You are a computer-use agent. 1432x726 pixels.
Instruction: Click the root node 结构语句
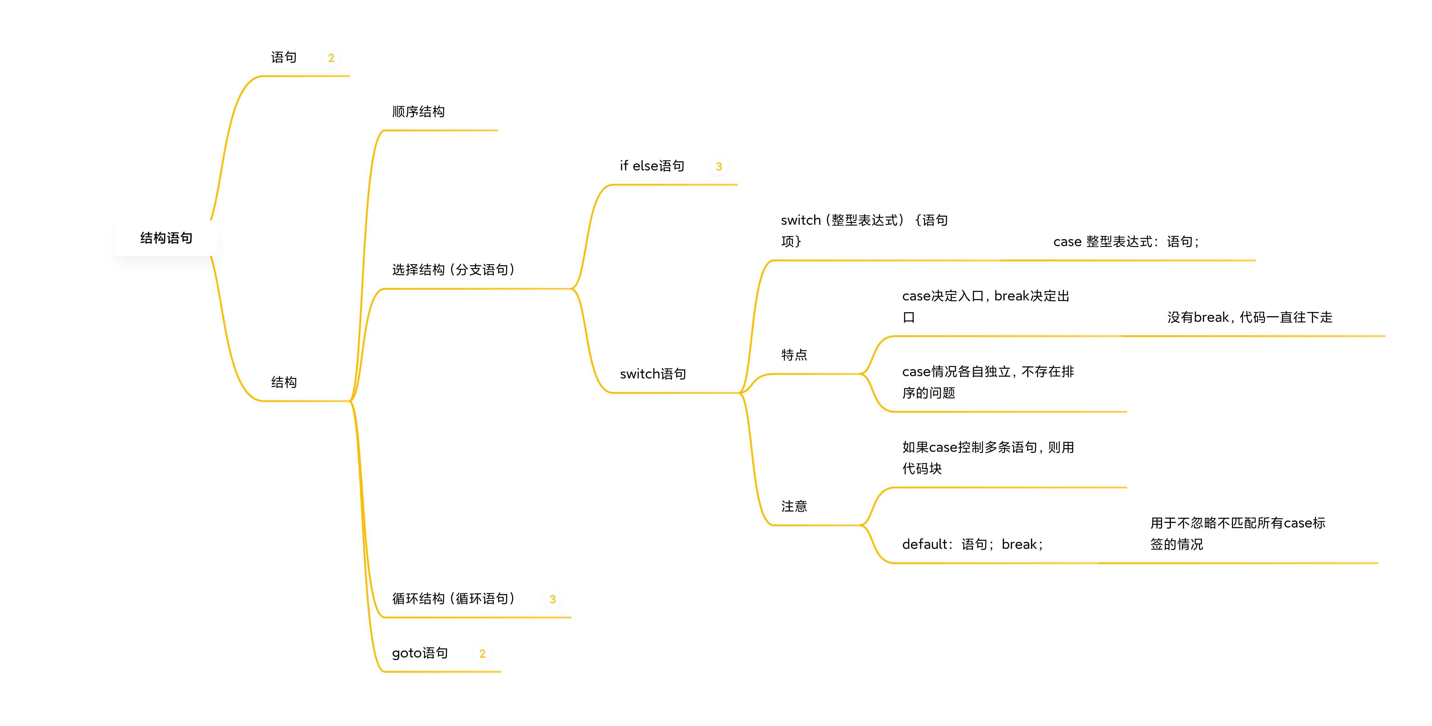click(x=166, y=238)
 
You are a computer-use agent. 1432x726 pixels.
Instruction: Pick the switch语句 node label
click(x=653, y=374)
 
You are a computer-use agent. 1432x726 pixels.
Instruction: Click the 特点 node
click(x=794, y=355)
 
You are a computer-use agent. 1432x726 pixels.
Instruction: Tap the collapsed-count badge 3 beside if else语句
click(x=719, y=167)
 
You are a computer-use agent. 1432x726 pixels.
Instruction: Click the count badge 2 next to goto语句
click(x=482, y=654)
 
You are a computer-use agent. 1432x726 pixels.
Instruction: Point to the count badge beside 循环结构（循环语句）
click(x=552, y=599)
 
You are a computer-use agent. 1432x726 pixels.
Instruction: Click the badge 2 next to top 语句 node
click(x=331, y=58)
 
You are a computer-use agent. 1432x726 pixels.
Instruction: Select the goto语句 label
click(x=420, y=653)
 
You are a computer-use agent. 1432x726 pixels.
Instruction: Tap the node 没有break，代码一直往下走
click(x=1250, y=317)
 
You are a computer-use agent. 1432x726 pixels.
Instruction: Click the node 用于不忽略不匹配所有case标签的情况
click(x=1237, y=533)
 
